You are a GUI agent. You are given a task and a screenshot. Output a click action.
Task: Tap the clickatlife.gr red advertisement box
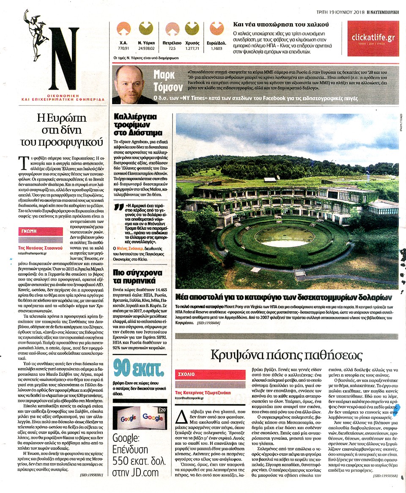tap(373, 39)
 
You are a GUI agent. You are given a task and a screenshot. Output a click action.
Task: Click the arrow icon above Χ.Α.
tap(123, 29)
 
